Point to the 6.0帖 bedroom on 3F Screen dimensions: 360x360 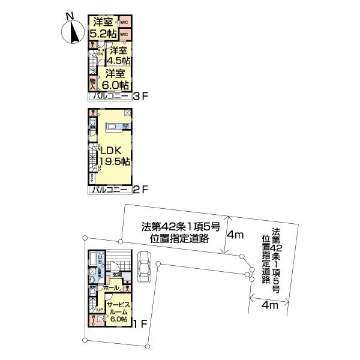click(115, 79)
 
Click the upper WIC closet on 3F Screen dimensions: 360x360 click(124, 22)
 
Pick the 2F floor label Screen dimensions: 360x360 click(140, 190)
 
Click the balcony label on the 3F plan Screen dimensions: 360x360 click(110, 96)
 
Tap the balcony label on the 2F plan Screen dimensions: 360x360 click(110, 190)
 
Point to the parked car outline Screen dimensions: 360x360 click(145, 267)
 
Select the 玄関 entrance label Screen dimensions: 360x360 click(116, 274)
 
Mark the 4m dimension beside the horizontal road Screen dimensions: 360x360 click(235, 235)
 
